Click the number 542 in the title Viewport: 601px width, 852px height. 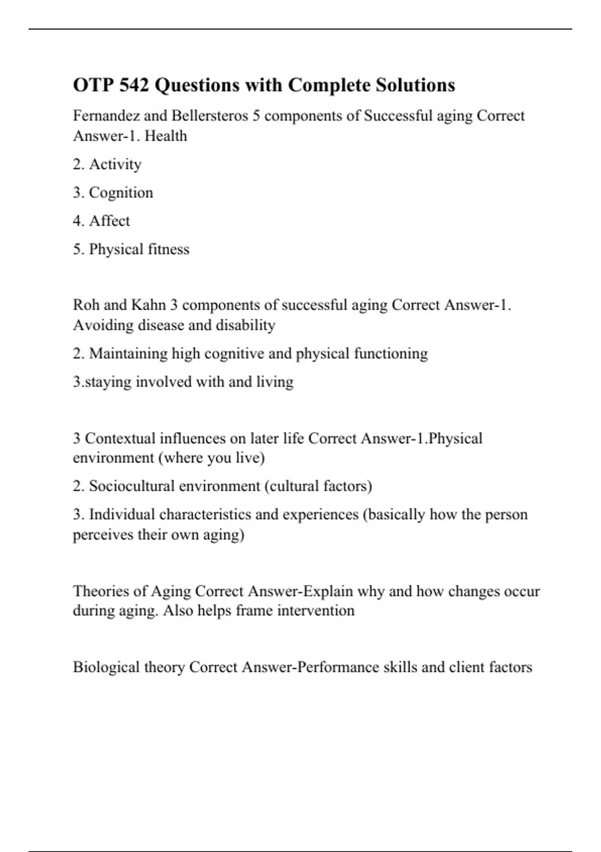(x=134, y=85)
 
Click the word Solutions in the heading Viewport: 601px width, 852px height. (x=415, y=85)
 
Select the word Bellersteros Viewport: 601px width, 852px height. (x=210, y=116)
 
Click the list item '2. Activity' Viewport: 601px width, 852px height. (x=107, y=164)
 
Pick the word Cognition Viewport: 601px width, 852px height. (x=121, y=193)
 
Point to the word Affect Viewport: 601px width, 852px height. (x=109, y=221)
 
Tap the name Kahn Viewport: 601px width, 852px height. (x=148, y=305)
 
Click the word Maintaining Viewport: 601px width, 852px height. (x=128, y=354)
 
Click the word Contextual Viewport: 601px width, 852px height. (x=120, y=439)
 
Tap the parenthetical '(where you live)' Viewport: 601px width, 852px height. (x=211, y=458)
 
